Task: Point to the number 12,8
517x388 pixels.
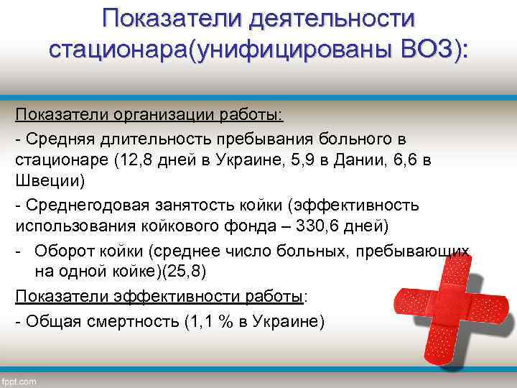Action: click(x=135, y=160)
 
